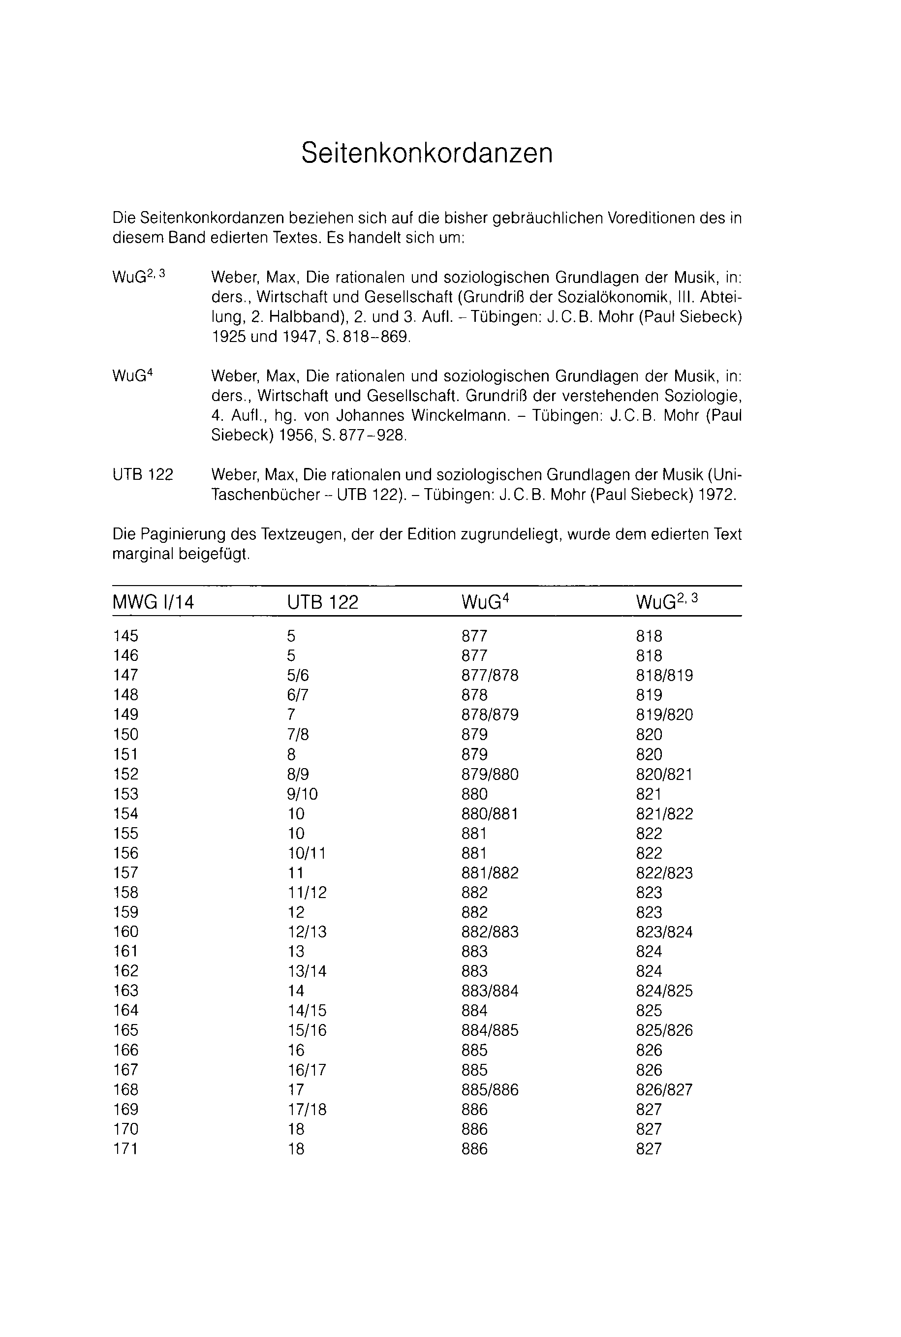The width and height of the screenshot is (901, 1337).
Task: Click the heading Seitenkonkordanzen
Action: (427, 153)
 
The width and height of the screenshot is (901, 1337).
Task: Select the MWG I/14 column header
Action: (154, 602)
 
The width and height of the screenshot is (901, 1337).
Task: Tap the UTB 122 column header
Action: (322, 602)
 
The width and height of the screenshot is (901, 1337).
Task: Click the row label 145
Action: (126, 636)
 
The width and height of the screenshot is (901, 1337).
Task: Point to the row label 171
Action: (126, 1149)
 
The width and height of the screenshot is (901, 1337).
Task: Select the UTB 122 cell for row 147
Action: (298, 675)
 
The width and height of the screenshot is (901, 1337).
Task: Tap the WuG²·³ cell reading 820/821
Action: (664, 775)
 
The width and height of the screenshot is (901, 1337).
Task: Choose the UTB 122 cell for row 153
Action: (302, 794)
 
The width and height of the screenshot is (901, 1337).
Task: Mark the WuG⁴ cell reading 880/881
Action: (490, 813)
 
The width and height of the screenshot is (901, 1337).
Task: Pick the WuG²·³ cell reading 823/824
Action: (664, 932)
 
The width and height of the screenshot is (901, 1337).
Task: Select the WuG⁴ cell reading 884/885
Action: (490, 1030)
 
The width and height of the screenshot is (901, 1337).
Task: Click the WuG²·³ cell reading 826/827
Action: (664, 1089)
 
